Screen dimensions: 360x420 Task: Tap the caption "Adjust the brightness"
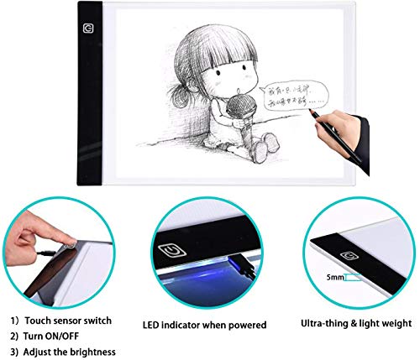[x=76, y=352]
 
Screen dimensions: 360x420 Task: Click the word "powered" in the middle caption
[x=249, y=324]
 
